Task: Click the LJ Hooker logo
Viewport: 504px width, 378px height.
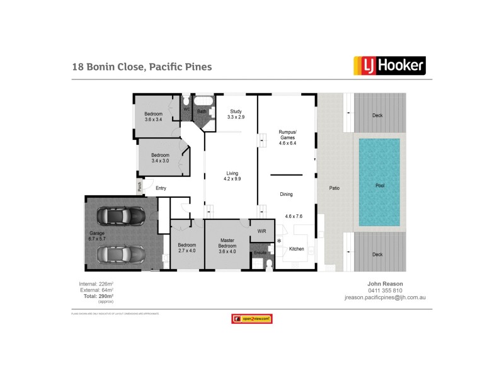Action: pyautogui.click(x=389, y=65)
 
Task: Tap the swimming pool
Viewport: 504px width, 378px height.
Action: pyautogui.click(x=379, y=183)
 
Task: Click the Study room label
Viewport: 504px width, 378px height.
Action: pyautogui.click(x=236, y=114)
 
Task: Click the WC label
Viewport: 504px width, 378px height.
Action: pyautogui.click(x=186, y=109)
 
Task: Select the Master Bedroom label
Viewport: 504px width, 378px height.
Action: pyautogui.click(x=227, y=243)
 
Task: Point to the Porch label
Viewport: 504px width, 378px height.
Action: pyautogui.click(x=140, y=187)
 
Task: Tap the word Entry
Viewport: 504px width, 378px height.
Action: pyautogui.click(x=161, y=188)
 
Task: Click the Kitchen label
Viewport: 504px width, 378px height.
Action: pyautogui.click(x=296, y=249)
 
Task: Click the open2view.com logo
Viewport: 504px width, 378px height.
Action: pyautogui.click(x=251, y=319)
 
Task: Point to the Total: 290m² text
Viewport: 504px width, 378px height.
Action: pyautogui.click(x=96, y=295)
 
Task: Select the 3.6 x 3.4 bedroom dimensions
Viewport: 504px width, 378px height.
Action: pyautogui.click(x=154, y=120)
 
